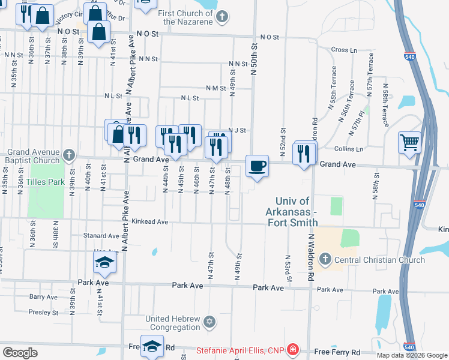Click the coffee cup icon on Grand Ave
258,166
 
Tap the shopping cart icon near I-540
410,143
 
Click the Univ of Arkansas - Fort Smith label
293,212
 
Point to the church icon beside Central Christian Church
325,260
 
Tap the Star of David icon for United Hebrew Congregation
209,322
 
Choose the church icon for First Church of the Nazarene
222,16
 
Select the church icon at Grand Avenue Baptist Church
69,155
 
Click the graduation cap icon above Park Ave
104,263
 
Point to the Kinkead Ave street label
150,221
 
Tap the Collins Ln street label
349,149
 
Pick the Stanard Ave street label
101,236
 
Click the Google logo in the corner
20,353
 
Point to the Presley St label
44,312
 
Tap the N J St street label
238,130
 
